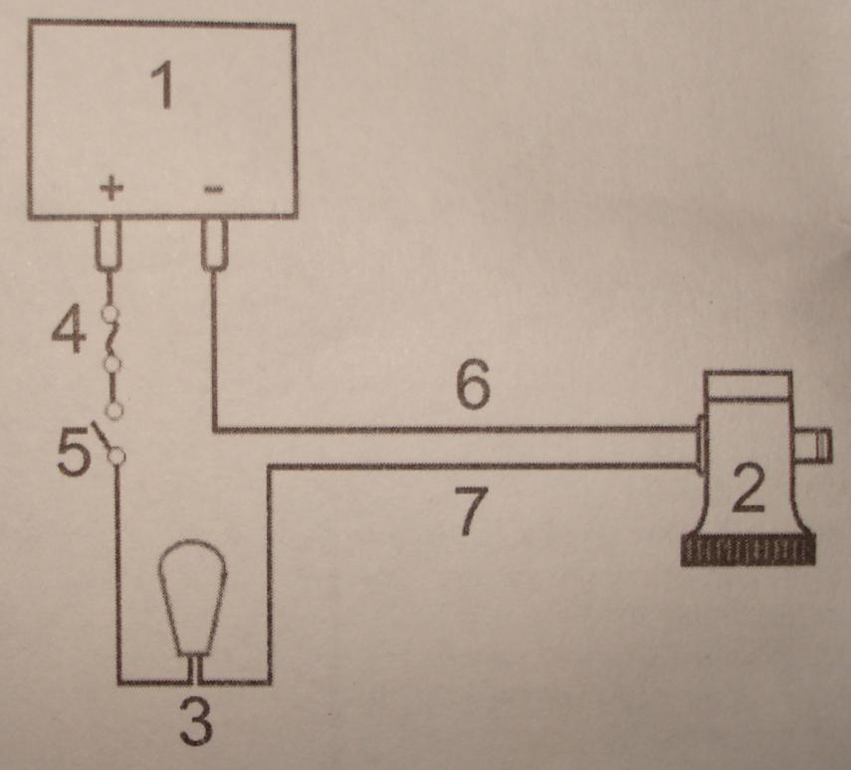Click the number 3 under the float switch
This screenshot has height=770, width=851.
click(196, 722)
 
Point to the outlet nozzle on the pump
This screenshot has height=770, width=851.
click(815, 444)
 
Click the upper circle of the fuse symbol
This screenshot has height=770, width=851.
click(112, 315)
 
